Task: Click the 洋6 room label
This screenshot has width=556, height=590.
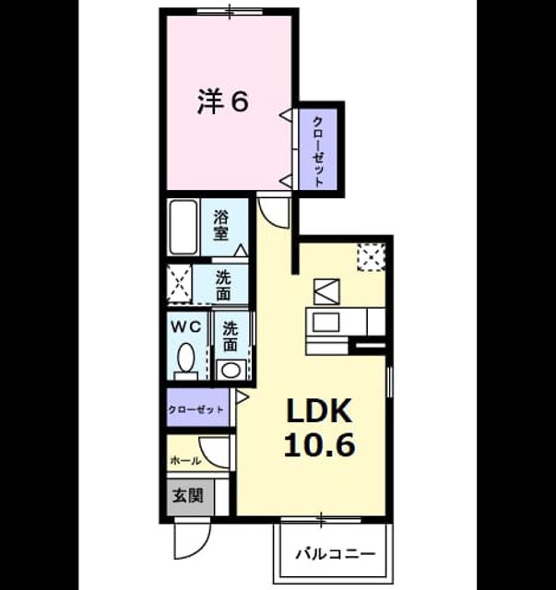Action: click(223, 101)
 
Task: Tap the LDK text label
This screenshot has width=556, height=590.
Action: click(319, 412)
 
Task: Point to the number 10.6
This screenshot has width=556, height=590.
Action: click(319, 444)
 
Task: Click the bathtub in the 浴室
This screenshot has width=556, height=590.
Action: click(183, 228)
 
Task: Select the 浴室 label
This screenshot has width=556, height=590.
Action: click(221, 225)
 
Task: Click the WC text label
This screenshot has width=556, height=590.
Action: click(185, 327)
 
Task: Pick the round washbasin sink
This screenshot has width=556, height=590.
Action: click(231, 370)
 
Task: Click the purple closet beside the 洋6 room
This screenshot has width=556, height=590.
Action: click(318, 149)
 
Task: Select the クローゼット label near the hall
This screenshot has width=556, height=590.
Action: click(195, 409)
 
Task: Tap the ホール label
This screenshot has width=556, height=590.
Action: click(185, 460)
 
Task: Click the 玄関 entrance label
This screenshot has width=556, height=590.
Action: click(188, 496)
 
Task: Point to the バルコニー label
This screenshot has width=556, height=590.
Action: click(336, 554)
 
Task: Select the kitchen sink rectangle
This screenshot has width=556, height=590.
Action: click(326, 322)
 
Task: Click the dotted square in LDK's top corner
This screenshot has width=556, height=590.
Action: click(372, 257)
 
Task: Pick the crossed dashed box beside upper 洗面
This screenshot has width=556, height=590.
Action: click(180, 284)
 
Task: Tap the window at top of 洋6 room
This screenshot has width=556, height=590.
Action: click(230, 10)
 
